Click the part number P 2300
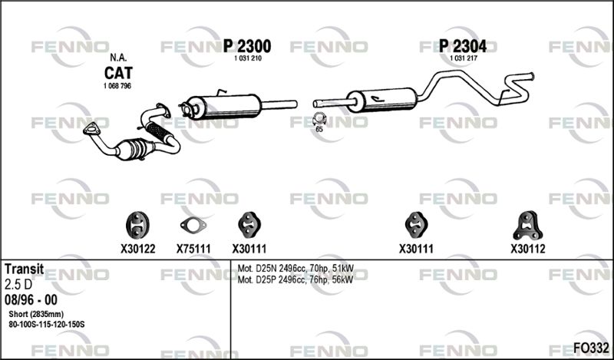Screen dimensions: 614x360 [x=247, y=47]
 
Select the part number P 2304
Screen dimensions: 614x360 [x=463, y=47]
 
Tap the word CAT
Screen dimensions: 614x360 [x=118, y=73]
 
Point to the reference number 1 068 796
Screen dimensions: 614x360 [x=117, y=86]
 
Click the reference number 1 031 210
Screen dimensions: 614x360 [x=247, y=58]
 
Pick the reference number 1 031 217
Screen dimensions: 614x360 [x=464, y=58]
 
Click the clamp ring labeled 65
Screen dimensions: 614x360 [x=319, y=119]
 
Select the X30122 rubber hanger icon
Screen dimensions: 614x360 [x=137, y=224]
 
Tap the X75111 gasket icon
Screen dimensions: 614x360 [x=193, y=225]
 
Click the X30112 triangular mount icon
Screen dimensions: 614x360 [x=528, y=226]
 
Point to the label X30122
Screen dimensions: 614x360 [x=138, y=249]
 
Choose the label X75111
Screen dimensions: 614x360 [x=193, y=249]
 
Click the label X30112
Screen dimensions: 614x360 [x=528, y=249]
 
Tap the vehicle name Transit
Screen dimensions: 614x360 [x=25, y=269]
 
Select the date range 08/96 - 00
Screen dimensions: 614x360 [x=31, y=300]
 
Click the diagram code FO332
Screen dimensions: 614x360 [x=591, y=348]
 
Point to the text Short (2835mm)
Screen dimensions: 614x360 [x=36, y=314]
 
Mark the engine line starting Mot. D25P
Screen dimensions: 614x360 [x=295, y=279]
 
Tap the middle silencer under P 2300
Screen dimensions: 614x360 [x=223, y=106]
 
